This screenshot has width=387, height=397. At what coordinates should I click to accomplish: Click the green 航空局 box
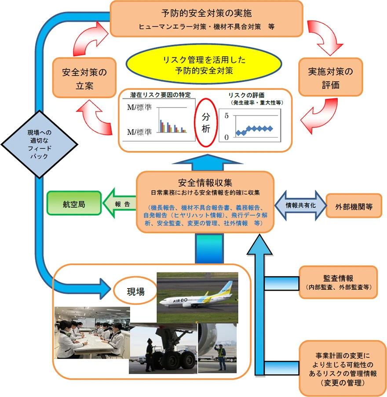[74, 203]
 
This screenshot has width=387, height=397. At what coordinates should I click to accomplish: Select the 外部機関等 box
[354, 206]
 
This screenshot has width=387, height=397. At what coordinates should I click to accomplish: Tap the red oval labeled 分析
[206, 123]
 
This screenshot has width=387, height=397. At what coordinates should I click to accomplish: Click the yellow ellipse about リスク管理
[204, 65]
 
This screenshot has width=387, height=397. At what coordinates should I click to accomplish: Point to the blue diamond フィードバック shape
[39, 144]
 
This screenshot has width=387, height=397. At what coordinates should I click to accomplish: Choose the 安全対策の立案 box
[84, 78]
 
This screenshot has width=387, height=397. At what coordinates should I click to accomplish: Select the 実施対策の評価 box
[331, 77]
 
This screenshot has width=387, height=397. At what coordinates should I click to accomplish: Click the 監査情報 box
[338, 282]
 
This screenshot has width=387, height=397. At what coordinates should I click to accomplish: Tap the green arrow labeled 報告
[119, 203]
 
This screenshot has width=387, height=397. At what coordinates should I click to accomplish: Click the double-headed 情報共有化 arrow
[300, 206]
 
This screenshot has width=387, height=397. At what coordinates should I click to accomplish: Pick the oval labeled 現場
[135, 291]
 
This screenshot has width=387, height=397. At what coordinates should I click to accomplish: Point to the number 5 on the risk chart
[226, 115]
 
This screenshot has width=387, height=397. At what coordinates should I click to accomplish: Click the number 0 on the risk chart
[226, 137]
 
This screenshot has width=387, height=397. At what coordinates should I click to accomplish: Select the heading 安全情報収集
[205, 183]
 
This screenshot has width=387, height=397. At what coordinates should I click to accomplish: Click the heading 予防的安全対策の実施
[206, 13]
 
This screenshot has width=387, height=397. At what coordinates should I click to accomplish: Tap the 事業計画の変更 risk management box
[343, 368]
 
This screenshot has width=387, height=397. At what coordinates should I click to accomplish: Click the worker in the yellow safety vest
[221, 357]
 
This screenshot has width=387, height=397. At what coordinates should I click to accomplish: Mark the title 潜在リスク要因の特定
[160, 95]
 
